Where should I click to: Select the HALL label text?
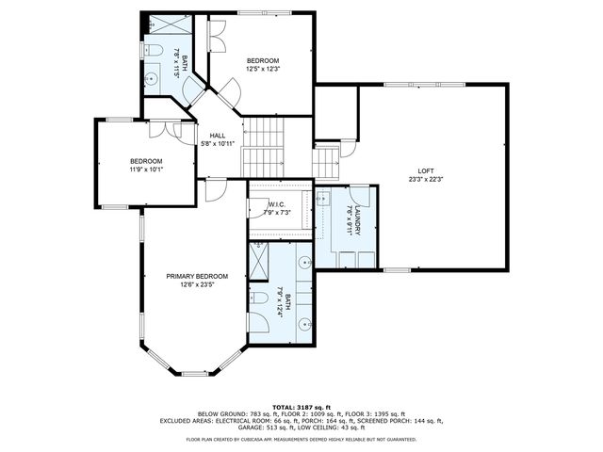tap(217, 136)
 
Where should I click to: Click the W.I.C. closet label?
tap(277, 204)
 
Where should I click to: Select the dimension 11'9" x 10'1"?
tap(146, 169)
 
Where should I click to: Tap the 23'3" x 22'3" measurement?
tap(426, 179)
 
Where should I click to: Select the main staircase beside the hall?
tap(263, 146)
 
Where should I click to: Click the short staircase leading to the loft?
tap(326, 162)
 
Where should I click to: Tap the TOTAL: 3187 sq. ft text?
tap(301, 406)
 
